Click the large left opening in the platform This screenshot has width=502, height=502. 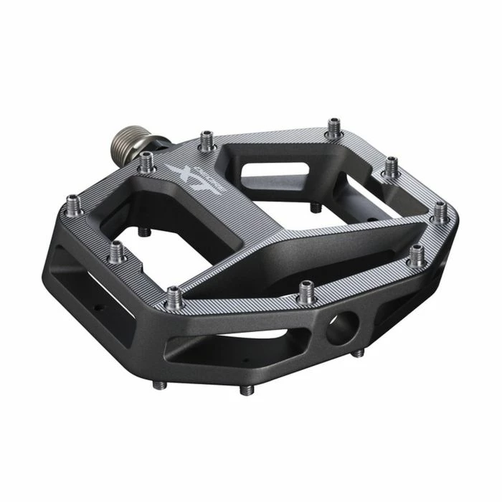pos(172,215)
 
